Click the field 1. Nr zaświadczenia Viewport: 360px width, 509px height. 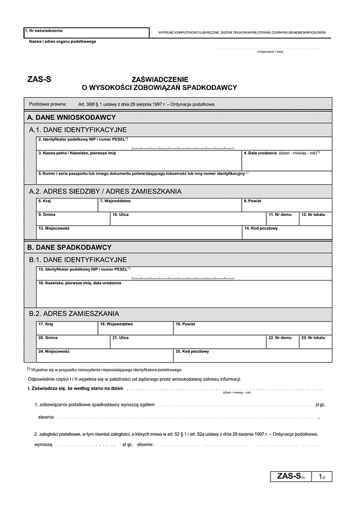[x=86, y=32]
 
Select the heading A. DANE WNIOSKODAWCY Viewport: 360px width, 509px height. [x=71, y=117]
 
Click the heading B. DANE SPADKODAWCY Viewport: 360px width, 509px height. [x=70, y=247]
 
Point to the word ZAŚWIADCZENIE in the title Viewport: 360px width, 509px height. [x=160, y=79]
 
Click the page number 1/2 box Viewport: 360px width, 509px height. [x=322, y=477]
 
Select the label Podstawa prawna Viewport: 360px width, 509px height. [x=46, y=104]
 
